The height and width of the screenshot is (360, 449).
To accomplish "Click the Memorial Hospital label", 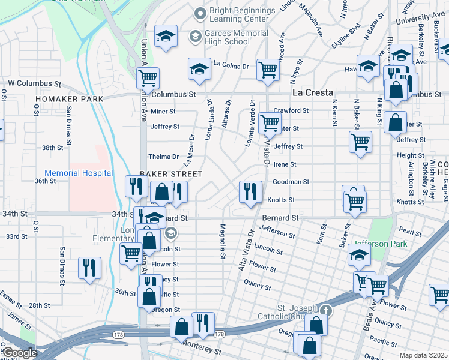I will pyautogui.click(x=79, y=173).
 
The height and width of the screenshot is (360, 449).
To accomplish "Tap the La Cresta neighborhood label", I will pyautogui.click(x=312, y=93).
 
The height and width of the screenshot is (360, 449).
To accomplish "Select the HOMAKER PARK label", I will pyautogui.click(x=69, y=98).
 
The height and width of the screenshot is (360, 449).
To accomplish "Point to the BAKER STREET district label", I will pyautogui.click(x=171, y=173).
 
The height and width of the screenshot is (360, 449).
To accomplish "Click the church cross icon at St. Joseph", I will pyautogui.click(x=325, y=310).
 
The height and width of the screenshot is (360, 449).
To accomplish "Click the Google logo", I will pyautogui.click(x=20, y=353).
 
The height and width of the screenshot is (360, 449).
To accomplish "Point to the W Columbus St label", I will pyautogui.click(x=35, y=83).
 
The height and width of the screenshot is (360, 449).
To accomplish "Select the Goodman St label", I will pyautogui.click(x=291, y=182).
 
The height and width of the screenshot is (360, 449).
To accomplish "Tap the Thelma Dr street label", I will pyautogui.click(x=167, y=157).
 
